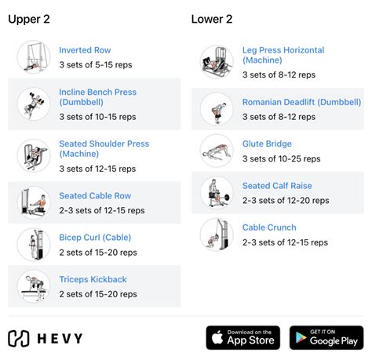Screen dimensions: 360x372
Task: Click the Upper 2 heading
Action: [31, 20]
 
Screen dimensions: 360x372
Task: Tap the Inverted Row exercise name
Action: [85, 50]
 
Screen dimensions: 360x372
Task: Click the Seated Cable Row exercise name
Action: [95, 196]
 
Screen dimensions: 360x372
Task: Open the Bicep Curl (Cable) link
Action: [95, 238]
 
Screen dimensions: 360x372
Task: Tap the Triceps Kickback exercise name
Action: [93, 279]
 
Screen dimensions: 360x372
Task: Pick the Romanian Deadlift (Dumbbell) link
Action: [301, 102]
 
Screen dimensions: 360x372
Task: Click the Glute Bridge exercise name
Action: [267, 144]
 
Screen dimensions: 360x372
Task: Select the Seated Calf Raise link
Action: [277, 186]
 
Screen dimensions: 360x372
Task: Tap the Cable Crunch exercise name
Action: [269, 227]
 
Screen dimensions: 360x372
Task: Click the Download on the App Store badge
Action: [243, 338]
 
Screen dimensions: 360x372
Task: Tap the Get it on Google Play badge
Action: [326, 338]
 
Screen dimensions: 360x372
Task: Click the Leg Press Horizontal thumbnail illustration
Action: [217, 62]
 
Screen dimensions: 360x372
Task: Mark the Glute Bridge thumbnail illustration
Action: [217, 151]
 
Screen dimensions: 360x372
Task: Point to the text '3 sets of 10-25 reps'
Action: [281, 158]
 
